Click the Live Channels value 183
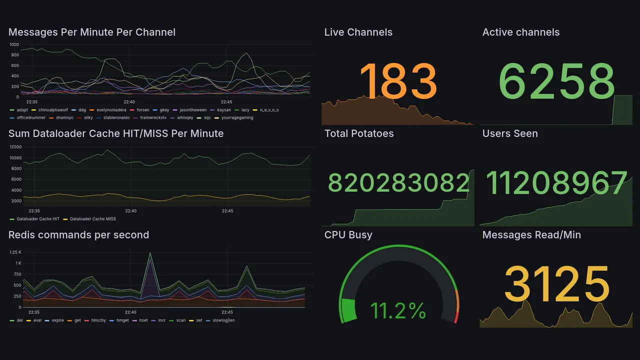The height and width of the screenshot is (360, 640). (x=398, y=80)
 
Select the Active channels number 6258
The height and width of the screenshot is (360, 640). (x=556, y=81)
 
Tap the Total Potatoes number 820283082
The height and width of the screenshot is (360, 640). (x=398, y=183)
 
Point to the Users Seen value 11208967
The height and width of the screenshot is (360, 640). (x=556, y=183)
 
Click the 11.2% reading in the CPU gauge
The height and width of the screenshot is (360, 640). (x=398, y=310)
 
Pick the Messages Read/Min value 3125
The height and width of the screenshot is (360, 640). (x=556, y=284)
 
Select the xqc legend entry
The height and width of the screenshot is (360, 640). (x=207, y=118)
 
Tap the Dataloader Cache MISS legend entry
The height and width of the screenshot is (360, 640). (x=92, y=219)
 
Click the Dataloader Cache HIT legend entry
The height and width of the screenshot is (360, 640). (x=38, y=219)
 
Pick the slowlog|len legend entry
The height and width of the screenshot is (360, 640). (x=223, y=320)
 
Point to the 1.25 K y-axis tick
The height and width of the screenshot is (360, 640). (x=15, y=252)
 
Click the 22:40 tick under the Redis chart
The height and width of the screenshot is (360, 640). (x=130, y=312)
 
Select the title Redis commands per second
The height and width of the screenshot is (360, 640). (x=78, y=235)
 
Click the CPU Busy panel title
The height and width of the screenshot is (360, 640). (x=348, y=235)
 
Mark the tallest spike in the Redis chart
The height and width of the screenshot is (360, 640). (x=149, y=253)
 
